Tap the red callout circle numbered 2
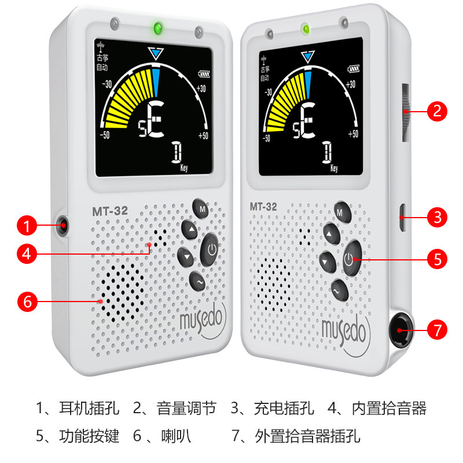pos(438,110)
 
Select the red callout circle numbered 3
pos(438,218)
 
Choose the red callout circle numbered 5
pos(438,259)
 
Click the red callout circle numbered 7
pos(438,330)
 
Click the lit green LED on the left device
pos(156,28)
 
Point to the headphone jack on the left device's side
pos(62,225)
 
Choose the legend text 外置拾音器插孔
pos(307,436)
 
